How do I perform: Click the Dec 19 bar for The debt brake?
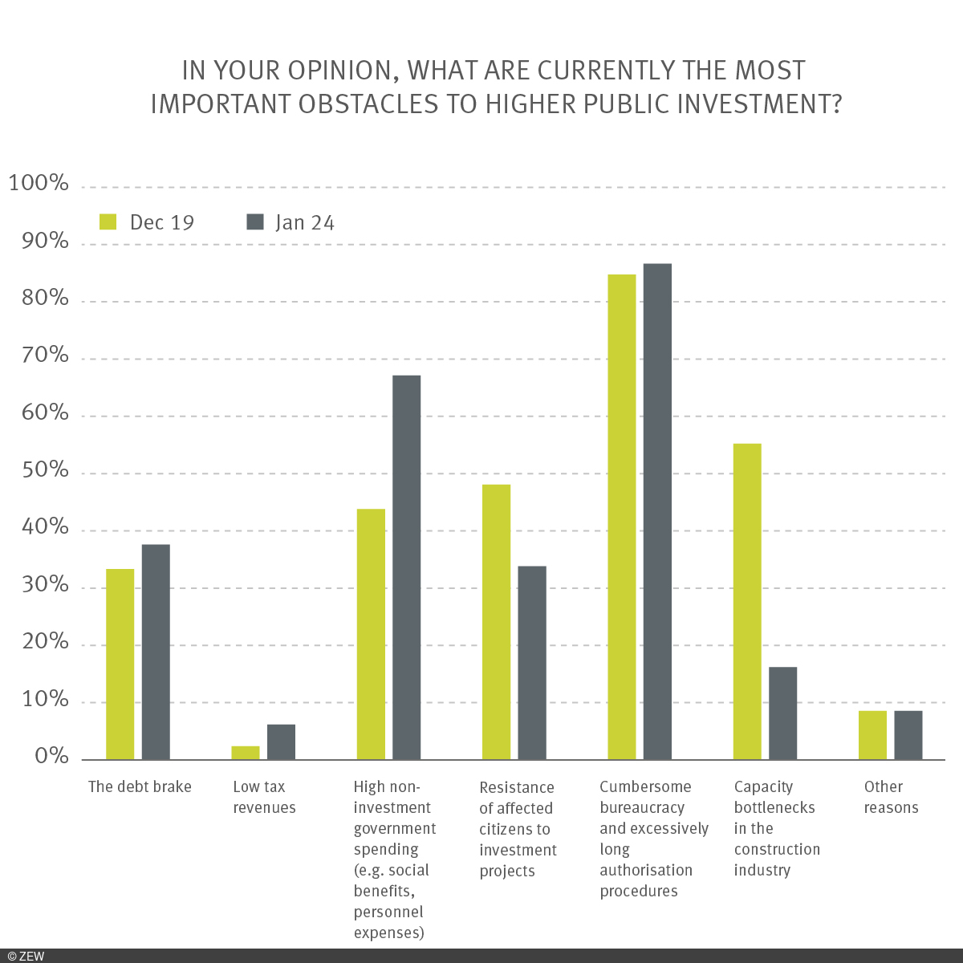(120, 664)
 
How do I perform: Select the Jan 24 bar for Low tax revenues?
(281, 742)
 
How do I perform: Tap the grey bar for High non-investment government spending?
(406, 567)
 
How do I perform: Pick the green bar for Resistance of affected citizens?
(496, 622)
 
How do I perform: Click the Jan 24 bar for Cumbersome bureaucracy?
(657, 511)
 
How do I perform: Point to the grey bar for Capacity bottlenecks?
(782, 713)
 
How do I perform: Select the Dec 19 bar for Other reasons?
(872, 735)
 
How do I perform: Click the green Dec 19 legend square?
(108, 222)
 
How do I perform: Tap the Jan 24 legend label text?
(304, 222)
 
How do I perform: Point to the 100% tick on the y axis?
(39, 184)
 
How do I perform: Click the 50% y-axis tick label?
(39, 470)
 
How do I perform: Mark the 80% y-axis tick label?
(39, 299)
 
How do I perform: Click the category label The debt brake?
(140, 787)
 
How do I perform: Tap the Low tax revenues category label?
(264, 798)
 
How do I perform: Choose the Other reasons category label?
(891, 798)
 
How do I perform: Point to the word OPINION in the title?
(339, 71)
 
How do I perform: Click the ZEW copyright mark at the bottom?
(26, 956)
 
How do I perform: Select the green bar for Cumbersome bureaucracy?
(622, 517)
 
